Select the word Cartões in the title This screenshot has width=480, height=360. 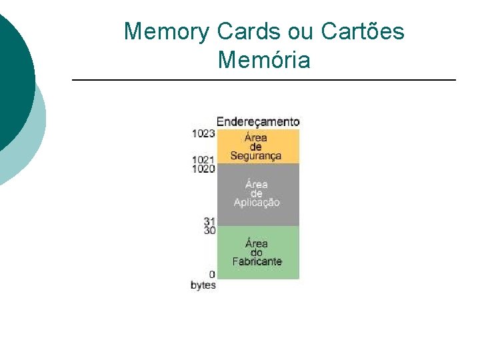pos(363,31)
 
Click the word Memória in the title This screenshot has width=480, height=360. pos(264,60)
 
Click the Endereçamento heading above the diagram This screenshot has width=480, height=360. pos(258,122)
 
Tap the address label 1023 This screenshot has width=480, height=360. pos(203,133)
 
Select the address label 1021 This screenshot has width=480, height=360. pos(203,160)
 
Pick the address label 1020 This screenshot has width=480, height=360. pos(203,169)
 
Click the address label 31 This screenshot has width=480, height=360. pos(210,222)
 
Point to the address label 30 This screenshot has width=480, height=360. pos(210,231)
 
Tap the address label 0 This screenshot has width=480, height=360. pos(212,275)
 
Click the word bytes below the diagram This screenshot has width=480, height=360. pos(203,285)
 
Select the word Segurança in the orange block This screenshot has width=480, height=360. pos(257,156)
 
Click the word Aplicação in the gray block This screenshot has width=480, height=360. pos(257,203)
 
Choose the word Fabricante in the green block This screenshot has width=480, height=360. pos(257,261)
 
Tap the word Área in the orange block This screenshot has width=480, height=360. pos(256,138)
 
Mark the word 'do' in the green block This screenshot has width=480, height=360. pos(257,253)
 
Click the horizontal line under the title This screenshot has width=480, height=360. pos(263,80)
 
